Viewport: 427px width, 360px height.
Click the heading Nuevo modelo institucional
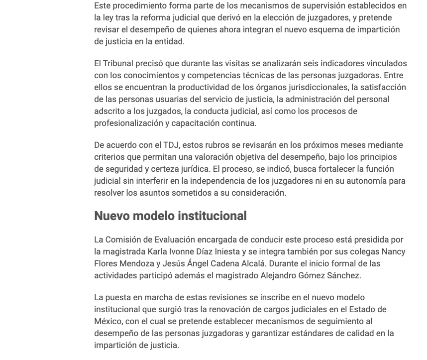tap(170, 216)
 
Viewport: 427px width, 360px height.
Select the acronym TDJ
tap(170, 145)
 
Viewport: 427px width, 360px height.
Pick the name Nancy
tap(393, 251)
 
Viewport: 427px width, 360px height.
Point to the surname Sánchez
tap(343, 275)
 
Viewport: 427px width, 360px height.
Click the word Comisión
tap(124, 240)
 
